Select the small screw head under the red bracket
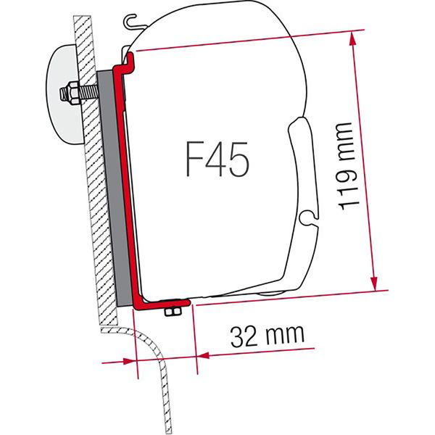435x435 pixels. pos(173,312)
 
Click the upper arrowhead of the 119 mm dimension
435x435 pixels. pos(356,36)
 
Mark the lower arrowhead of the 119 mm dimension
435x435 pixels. pos(375,284)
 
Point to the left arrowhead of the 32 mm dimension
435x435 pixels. pos(131,360)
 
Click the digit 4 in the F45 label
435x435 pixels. pos(215,162)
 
